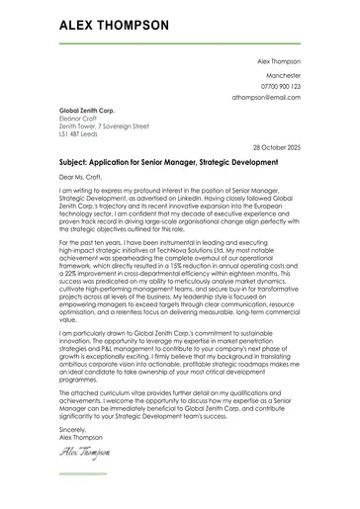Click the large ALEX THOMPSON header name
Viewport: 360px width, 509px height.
pos(114,26)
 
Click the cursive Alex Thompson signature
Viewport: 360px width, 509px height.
pos(84,453)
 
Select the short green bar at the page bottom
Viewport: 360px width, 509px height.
pos(83,473)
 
